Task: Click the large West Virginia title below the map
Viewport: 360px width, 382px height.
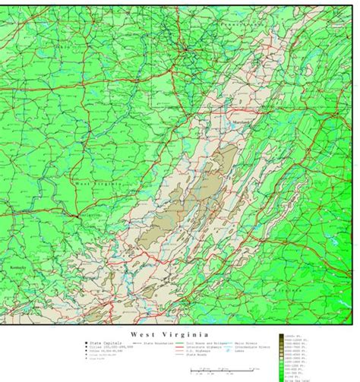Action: coord(169,334)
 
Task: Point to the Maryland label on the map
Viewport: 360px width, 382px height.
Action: coord(240,122)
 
